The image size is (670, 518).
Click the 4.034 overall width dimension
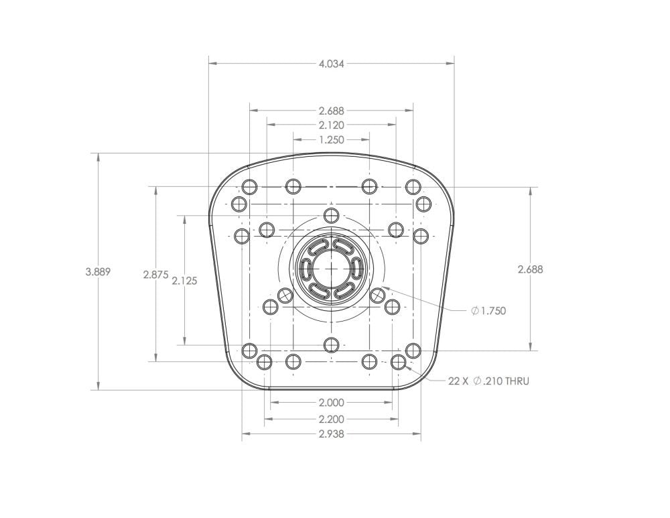pos(331,64)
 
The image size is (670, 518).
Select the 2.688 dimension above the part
pos(331,111)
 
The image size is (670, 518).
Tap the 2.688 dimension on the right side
pos(530,269)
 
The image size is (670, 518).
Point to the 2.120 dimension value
pos(331,125)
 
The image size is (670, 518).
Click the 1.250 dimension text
pos(331,140)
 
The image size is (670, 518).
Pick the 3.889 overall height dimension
pos(98,272)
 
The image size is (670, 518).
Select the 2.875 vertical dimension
pos(155,275)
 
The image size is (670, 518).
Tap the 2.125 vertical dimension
pos(184,281)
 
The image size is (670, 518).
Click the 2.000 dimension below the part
pos(331,403)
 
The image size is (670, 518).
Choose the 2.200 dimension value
pos(331,419)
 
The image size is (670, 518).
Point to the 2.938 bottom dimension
pos(331,434)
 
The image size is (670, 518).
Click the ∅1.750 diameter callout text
pos(488,311)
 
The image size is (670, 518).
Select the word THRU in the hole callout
pos(517,381)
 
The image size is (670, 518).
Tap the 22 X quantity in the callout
pos(459,381)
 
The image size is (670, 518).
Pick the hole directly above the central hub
pos(331,215)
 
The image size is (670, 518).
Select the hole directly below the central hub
pos(331,344)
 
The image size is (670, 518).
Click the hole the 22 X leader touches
pos(399,363)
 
